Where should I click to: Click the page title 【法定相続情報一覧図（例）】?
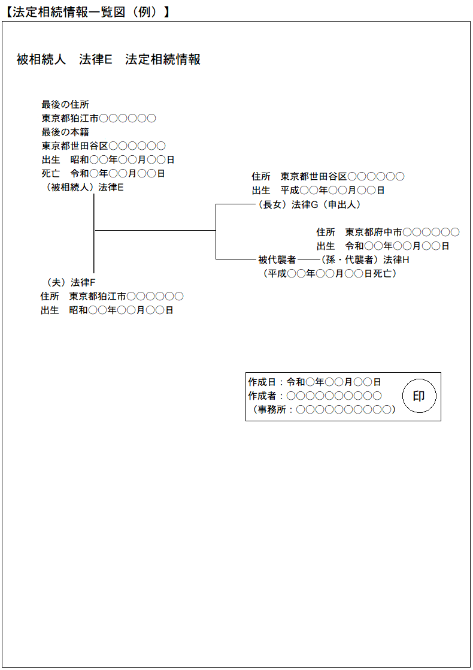coord(87,11)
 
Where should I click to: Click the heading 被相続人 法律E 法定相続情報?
coord(108,59)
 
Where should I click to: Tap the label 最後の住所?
coord(65,104)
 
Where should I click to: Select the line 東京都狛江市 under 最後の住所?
coord(99,118)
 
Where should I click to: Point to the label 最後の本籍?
coord(65,132)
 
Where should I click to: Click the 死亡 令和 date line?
coord(103,173)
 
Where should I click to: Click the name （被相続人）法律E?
coord(84,187)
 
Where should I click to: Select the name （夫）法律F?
coord(71,282)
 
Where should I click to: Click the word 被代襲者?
coord(277,259)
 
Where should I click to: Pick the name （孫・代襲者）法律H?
coord(365,259)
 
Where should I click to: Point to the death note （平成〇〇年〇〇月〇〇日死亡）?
coord(329,273)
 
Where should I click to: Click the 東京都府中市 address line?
coord(388,232)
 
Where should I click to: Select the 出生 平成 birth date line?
coord(318,190)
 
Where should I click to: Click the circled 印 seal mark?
coord(419,396)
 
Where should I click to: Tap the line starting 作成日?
coord(314,382)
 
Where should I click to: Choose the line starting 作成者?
coord(314,396)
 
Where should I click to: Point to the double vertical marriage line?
coord(95,233)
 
